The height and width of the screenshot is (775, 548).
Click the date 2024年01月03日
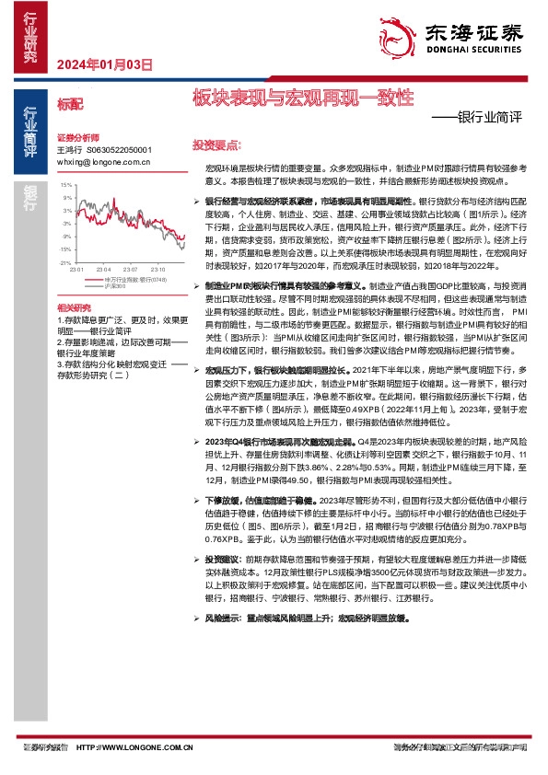[103, 64]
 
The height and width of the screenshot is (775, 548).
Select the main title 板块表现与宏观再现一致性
[303, 97]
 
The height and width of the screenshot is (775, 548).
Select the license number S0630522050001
[119, 149]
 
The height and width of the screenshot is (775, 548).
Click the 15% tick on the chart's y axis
[66, 185]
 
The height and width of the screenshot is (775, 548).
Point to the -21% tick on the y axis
[65, 262]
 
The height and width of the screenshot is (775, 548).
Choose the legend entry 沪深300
[115, 286]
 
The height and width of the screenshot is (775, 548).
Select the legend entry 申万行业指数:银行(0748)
[135, 279]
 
